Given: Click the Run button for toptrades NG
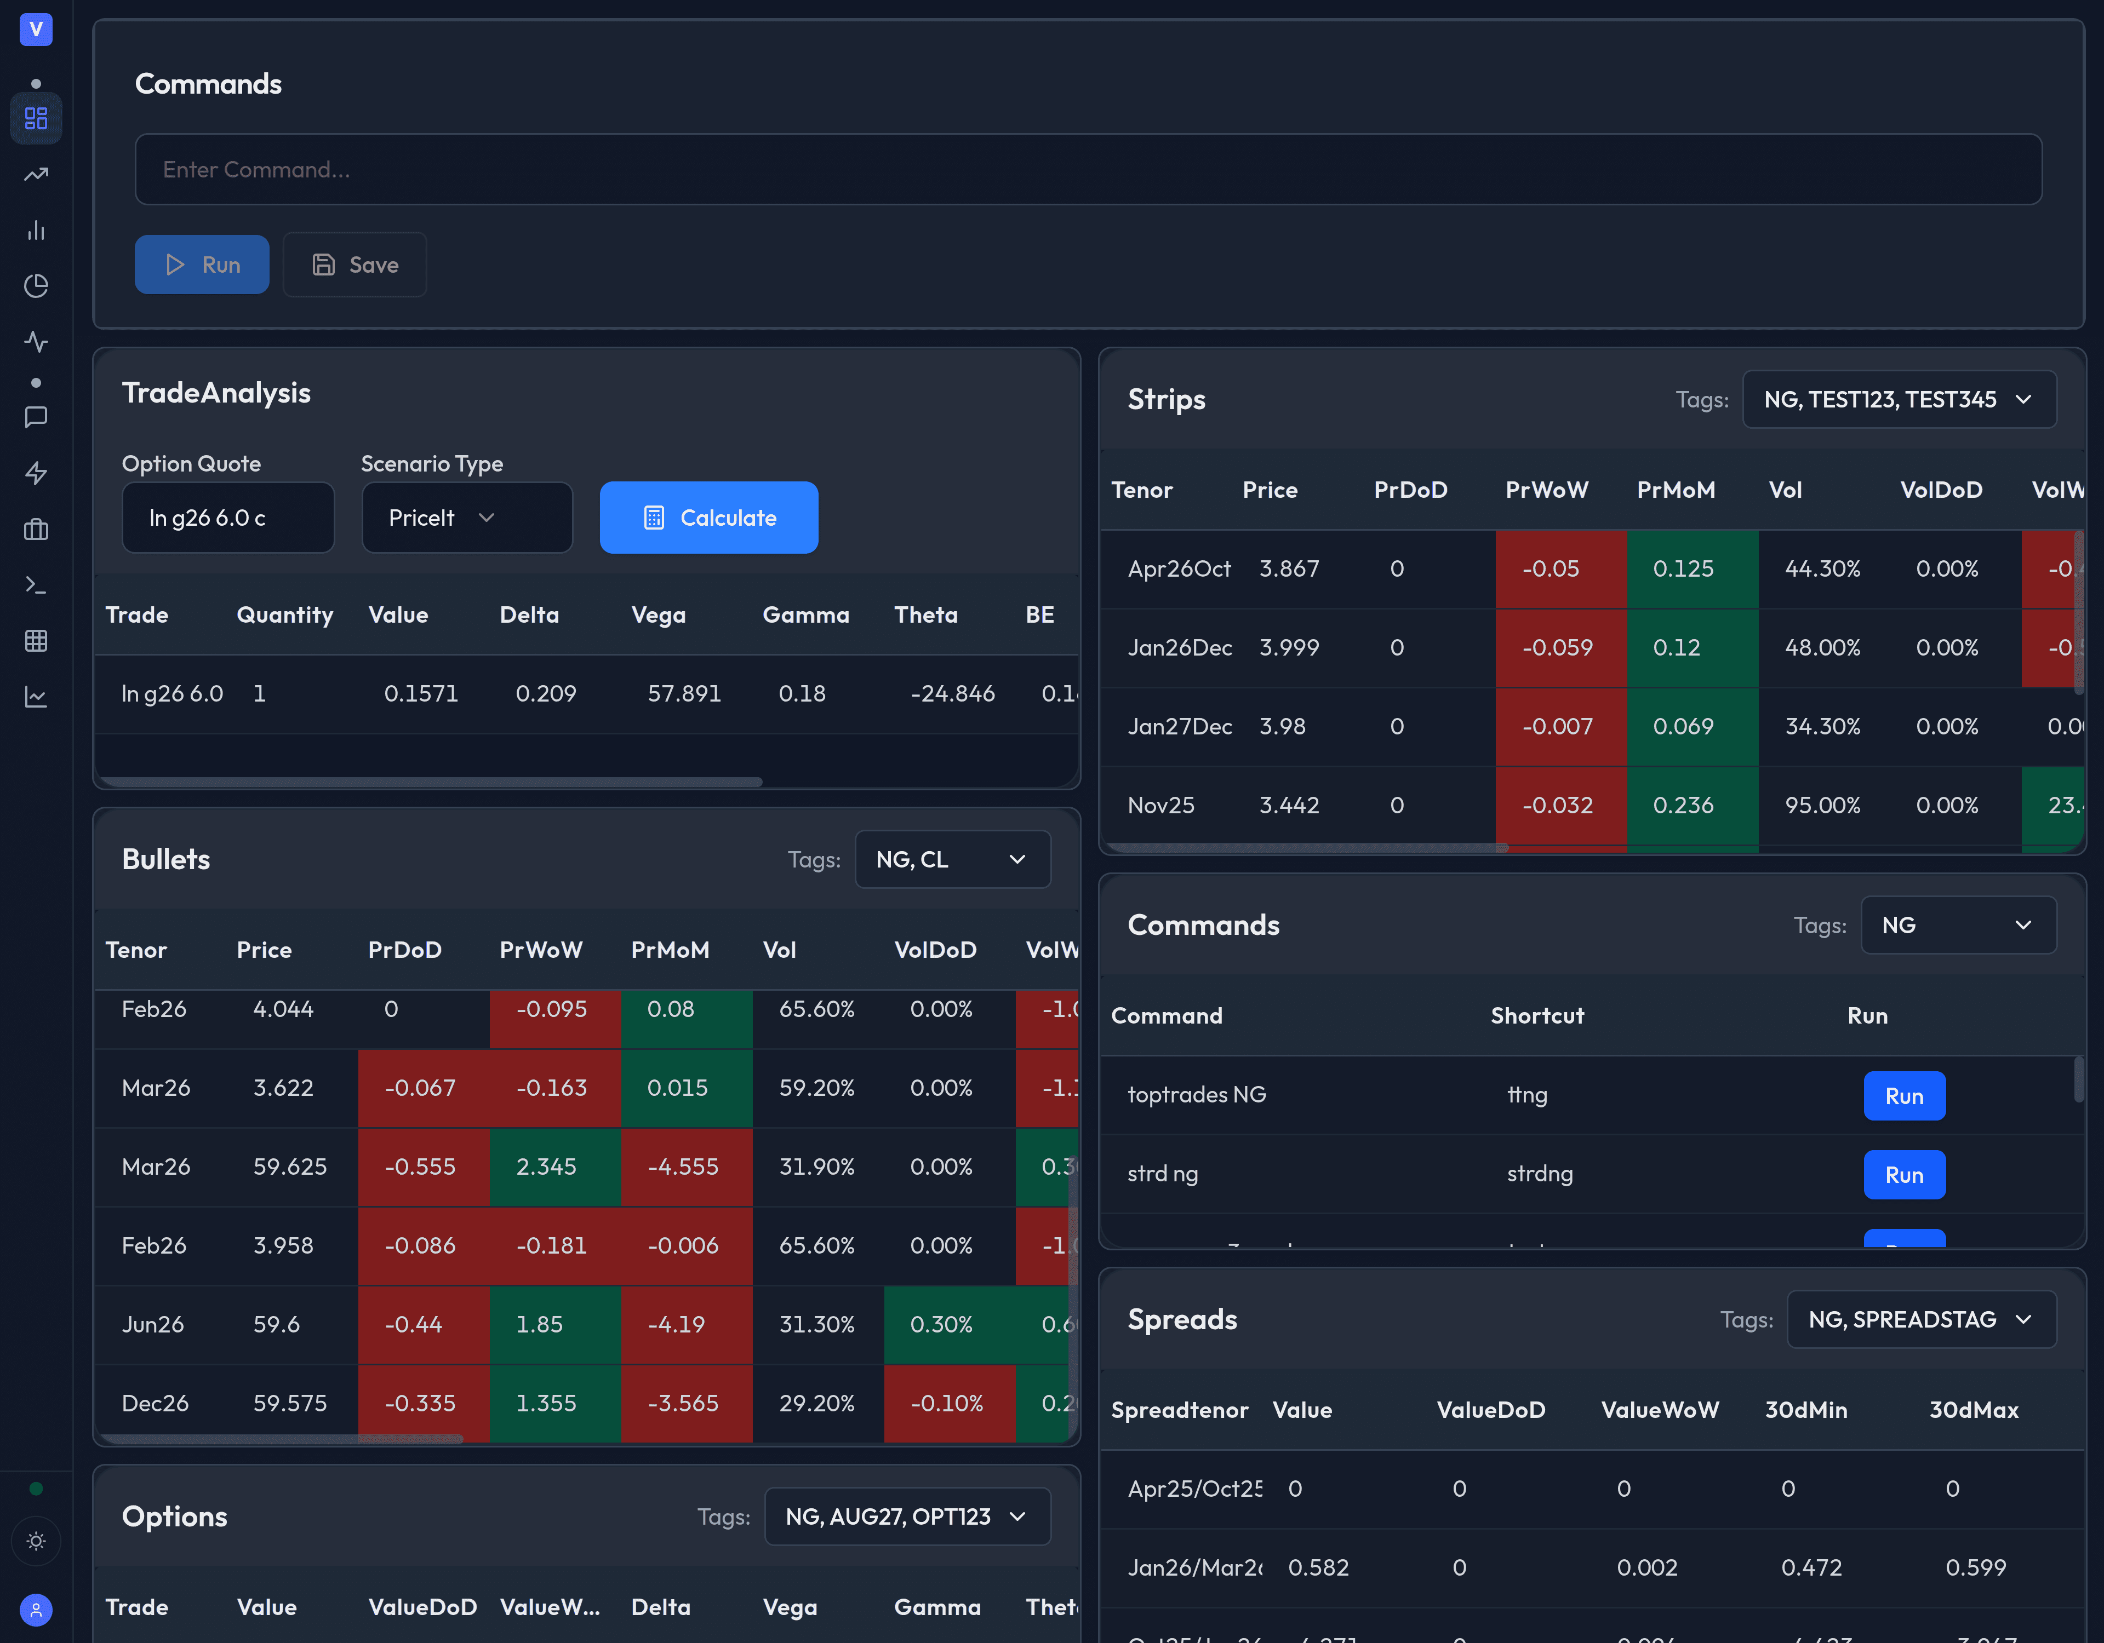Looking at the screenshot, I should click(1903, 1096).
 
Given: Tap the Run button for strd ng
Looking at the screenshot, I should click(1903, 1175).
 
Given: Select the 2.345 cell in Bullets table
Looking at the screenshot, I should click(546, 1167).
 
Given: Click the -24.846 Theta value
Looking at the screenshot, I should click(952, 693).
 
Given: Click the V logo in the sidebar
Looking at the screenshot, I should click(36, 29).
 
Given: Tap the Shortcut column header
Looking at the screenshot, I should click(1536, 1015).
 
